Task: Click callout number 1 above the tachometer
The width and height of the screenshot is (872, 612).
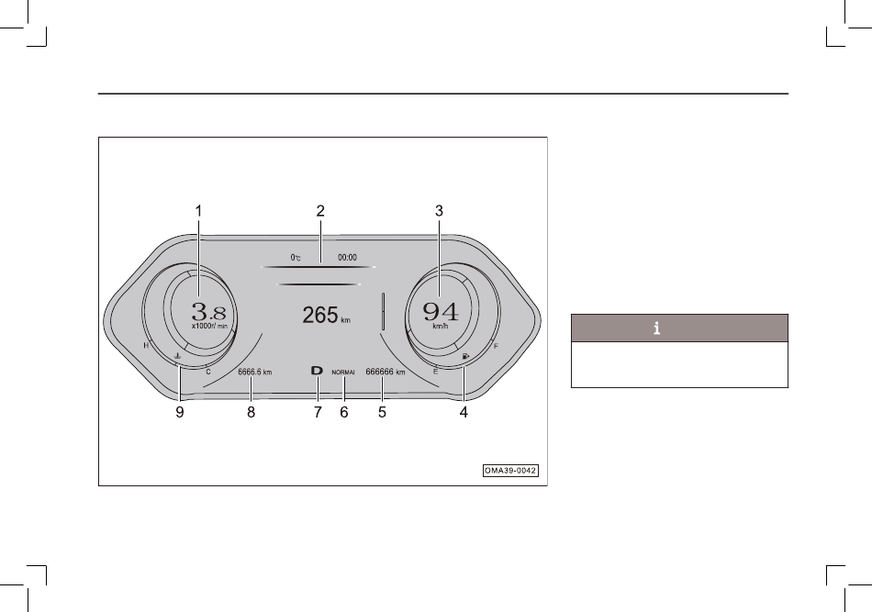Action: (x=198, y=211)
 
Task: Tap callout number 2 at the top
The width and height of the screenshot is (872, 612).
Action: (x=320, y=211)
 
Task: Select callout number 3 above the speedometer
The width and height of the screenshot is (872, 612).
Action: (x=439, y=211)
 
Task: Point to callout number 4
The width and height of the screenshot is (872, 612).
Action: (x=464, y=413)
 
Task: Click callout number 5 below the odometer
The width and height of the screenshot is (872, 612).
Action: (x=382, y=413)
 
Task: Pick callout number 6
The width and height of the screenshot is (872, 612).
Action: (x=343, y=413)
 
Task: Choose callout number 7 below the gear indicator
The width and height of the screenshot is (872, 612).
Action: (x=318, y=413)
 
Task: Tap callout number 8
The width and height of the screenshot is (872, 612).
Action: (x=251, y=413)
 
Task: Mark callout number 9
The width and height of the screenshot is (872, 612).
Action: (x=179, y=413)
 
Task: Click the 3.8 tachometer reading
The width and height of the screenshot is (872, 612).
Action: (x=208, y=311)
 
